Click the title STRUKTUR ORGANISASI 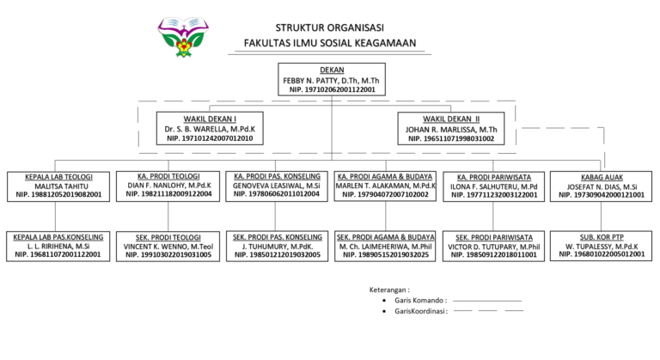(331, 27)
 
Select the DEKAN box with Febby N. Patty (332, 79)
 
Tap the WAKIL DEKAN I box (210, 127)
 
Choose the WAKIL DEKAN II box (450, 127)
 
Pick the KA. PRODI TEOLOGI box (168, 186)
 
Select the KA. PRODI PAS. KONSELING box (277, 186)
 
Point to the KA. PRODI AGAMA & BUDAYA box (385, 186)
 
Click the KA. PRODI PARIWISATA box (494, 186)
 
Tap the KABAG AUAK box (601, 186)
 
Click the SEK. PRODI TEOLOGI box (168, 246)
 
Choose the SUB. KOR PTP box (601, 246)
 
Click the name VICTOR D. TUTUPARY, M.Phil (494, 246)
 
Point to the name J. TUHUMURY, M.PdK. (277, 246)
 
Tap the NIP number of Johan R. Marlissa (450, 138)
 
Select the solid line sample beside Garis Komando (486, 301)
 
